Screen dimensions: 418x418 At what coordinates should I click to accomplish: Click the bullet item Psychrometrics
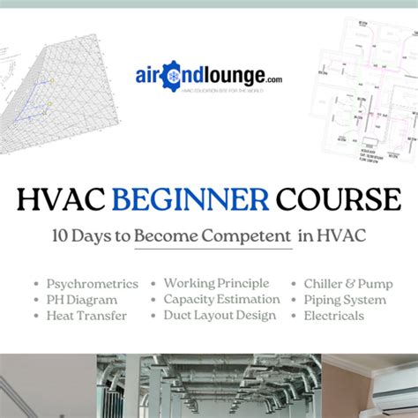pyautogui.click(x=92, y=284)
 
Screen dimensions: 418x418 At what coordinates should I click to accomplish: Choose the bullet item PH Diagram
pyautogui.click(x=80, y=300)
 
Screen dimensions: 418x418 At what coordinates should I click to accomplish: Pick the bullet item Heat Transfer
pyautogui.click(x=86, y=316)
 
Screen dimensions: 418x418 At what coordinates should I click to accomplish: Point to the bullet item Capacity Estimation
pyautogui.click(x=221, y=300)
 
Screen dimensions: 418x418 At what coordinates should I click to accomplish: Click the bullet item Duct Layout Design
pyautogui.click(x=220, y=316)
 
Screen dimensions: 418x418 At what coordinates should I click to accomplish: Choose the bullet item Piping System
pyautogui.click(x=345, y=300)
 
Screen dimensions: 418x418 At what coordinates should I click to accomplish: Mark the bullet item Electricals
pyautogui.click(x=333, y=316)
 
